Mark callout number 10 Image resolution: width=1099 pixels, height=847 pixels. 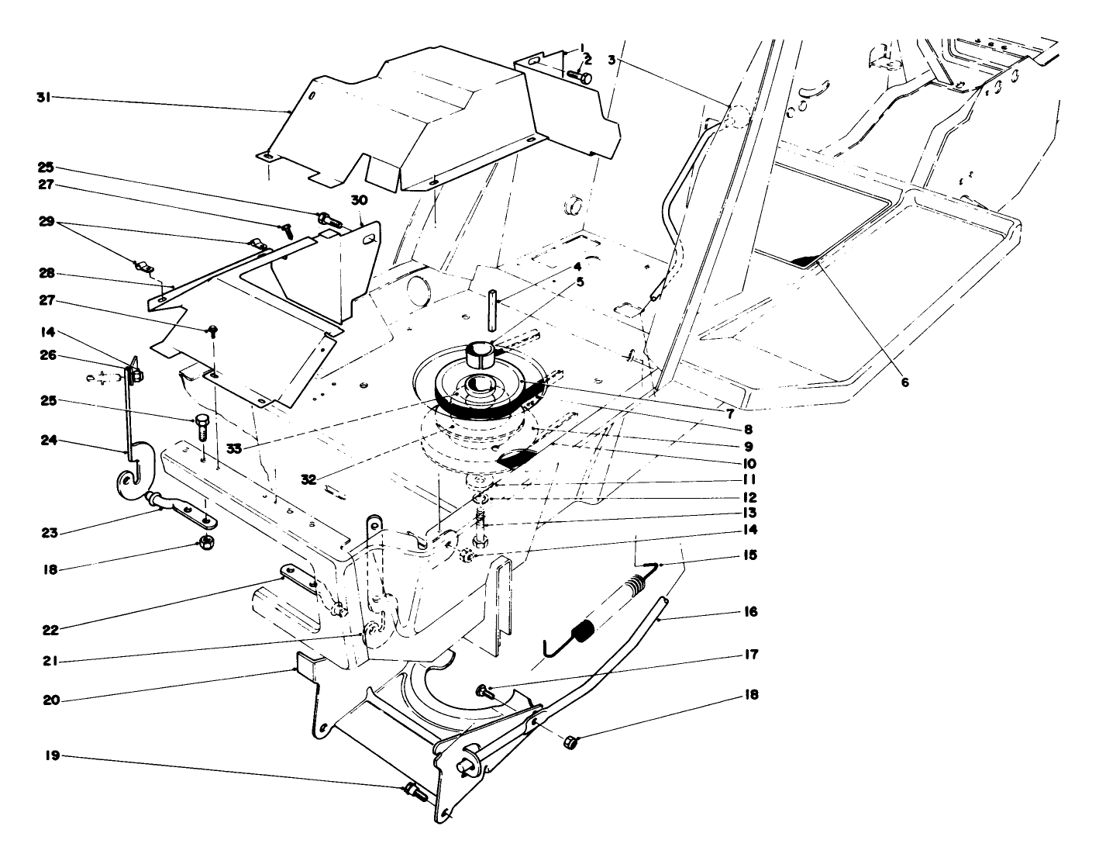[748, 463]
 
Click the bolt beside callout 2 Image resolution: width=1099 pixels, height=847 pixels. [580, 76]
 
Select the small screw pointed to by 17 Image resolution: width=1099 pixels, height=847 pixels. [484, 690]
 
